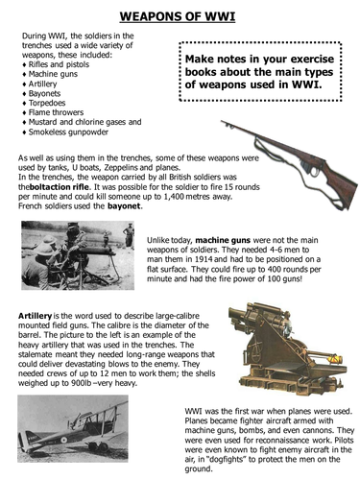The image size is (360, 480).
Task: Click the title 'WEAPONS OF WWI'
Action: tap(179, 15)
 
